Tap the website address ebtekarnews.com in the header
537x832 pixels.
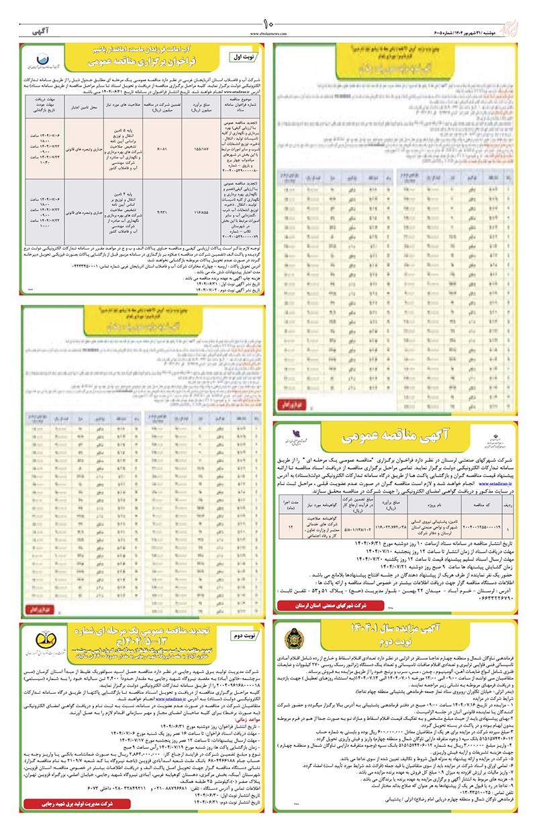tap(268, 34)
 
